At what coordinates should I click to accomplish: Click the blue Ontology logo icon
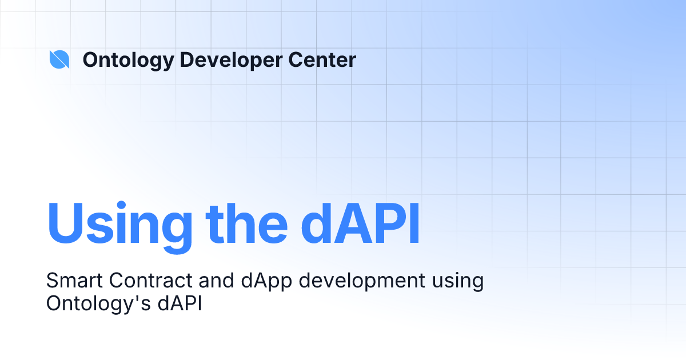[x=59, y=59]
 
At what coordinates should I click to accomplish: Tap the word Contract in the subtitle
[x=144, y=281]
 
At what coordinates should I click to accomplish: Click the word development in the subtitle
[x=356, y=282]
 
